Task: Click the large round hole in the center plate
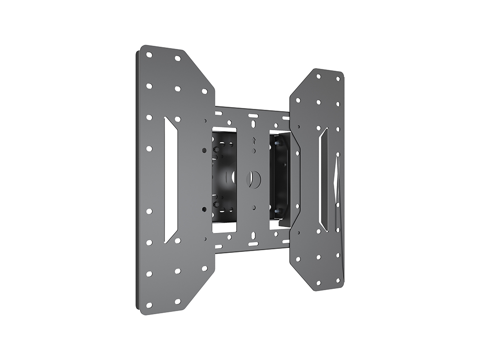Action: point(253,180)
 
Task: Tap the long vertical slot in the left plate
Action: point(171,180)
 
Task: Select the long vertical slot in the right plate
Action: point(324,180)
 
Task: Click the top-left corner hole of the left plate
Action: point(149,55)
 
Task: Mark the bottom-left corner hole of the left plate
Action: point(149,305)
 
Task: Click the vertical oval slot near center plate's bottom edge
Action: point(254,236)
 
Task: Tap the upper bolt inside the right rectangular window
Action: point(277,143)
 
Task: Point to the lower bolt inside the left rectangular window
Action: point(216,204)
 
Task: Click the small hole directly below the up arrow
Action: point(254,151)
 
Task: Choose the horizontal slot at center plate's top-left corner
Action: point(219,113)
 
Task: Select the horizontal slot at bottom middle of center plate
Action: point(253,244)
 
